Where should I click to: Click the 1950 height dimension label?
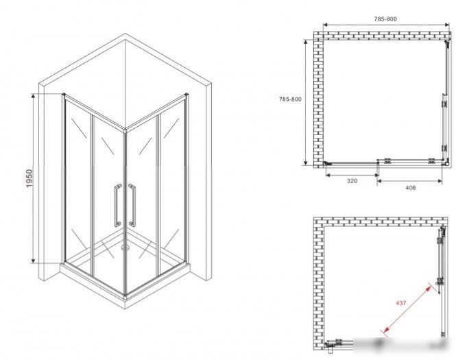[x=29, y=178]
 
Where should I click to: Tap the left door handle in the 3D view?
[x=117, y=205]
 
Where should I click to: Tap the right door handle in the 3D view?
[x=132, y=205]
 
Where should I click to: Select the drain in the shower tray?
[x=126, y=248]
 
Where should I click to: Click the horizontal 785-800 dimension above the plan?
[x=385, y=19]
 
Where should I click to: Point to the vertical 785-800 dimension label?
[x=290, y=99]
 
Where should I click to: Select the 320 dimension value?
[x=352, y=181]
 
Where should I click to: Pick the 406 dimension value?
[x=410, y=188]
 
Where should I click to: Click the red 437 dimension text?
[x=400, y=303]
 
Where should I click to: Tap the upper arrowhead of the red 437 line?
[x=429, y=289]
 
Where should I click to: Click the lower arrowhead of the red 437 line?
[x=385, y=330]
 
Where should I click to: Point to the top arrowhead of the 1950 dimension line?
[x=34, y=96]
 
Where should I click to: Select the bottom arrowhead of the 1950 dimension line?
[x=34, y=261]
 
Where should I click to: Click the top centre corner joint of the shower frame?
[x=125, y=130]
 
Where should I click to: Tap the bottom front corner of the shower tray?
[x=125, y=297]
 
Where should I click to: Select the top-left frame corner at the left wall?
[x=64, y=95]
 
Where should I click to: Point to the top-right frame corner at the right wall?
[x=186, y=95]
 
